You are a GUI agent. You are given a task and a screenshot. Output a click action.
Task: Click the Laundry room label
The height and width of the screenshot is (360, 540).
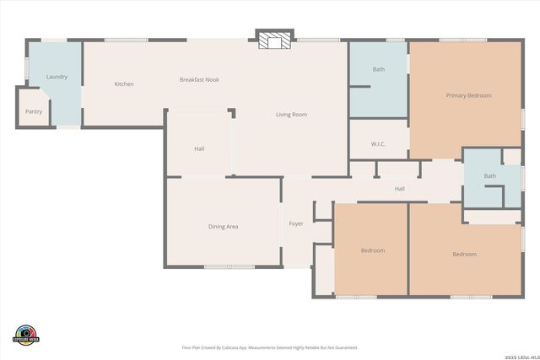point(57,78)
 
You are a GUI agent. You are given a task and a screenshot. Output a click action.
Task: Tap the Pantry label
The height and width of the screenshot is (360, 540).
point(34,111)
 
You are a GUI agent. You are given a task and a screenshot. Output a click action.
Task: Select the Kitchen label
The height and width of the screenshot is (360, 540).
point(124,83)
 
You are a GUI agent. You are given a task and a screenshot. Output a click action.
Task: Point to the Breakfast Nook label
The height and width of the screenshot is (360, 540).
point(199,79)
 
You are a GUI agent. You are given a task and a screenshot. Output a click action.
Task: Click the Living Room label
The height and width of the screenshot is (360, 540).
point(291,114)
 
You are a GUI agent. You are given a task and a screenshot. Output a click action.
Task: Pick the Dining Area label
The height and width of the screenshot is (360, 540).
point(224,226)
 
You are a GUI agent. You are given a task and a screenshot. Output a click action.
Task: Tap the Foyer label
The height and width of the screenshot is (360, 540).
point(296,223)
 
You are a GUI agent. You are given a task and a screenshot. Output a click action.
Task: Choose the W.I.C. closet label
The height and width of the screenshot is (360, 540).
point(378,143)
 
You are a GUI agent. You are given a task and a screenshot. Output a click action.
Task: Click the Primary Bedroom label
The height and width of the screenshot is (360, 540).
point(468,95)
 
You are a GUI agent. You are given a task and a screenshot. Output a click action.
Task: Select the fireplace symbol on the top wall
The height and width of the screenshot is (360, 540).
point(275,41)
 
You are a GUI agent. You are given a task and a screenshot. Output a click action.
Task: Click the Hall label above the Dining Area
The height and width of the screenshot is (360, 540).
point(199,148)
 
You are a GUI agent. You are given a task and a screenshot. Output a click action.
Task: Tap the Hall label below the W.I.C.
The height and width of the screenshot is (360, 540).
point(400,188)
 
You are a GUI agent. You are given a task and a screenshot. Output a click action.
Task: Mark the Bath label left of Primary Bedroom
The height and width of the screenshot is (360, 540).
point(379,69)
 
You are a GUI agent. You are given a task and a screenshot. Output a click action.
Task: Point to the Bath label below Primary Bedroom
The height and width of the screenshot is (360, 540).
point(490,175)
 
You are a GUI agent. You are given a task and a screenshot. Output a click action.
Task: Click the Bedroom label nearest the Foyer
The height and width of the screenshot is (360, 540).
point(373,250)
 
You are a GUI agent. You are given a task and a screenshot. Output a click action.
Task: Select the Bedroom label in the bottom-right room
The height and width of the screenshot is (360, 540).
point(464,254)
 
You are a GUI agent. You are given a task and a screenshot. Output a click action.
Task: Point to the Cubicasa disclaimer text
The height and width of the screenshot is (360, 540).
point(270,347)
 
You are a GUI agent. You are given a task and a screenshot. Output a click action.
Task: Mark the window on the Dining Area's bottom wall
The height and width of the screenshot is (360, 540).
point(229,267)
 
